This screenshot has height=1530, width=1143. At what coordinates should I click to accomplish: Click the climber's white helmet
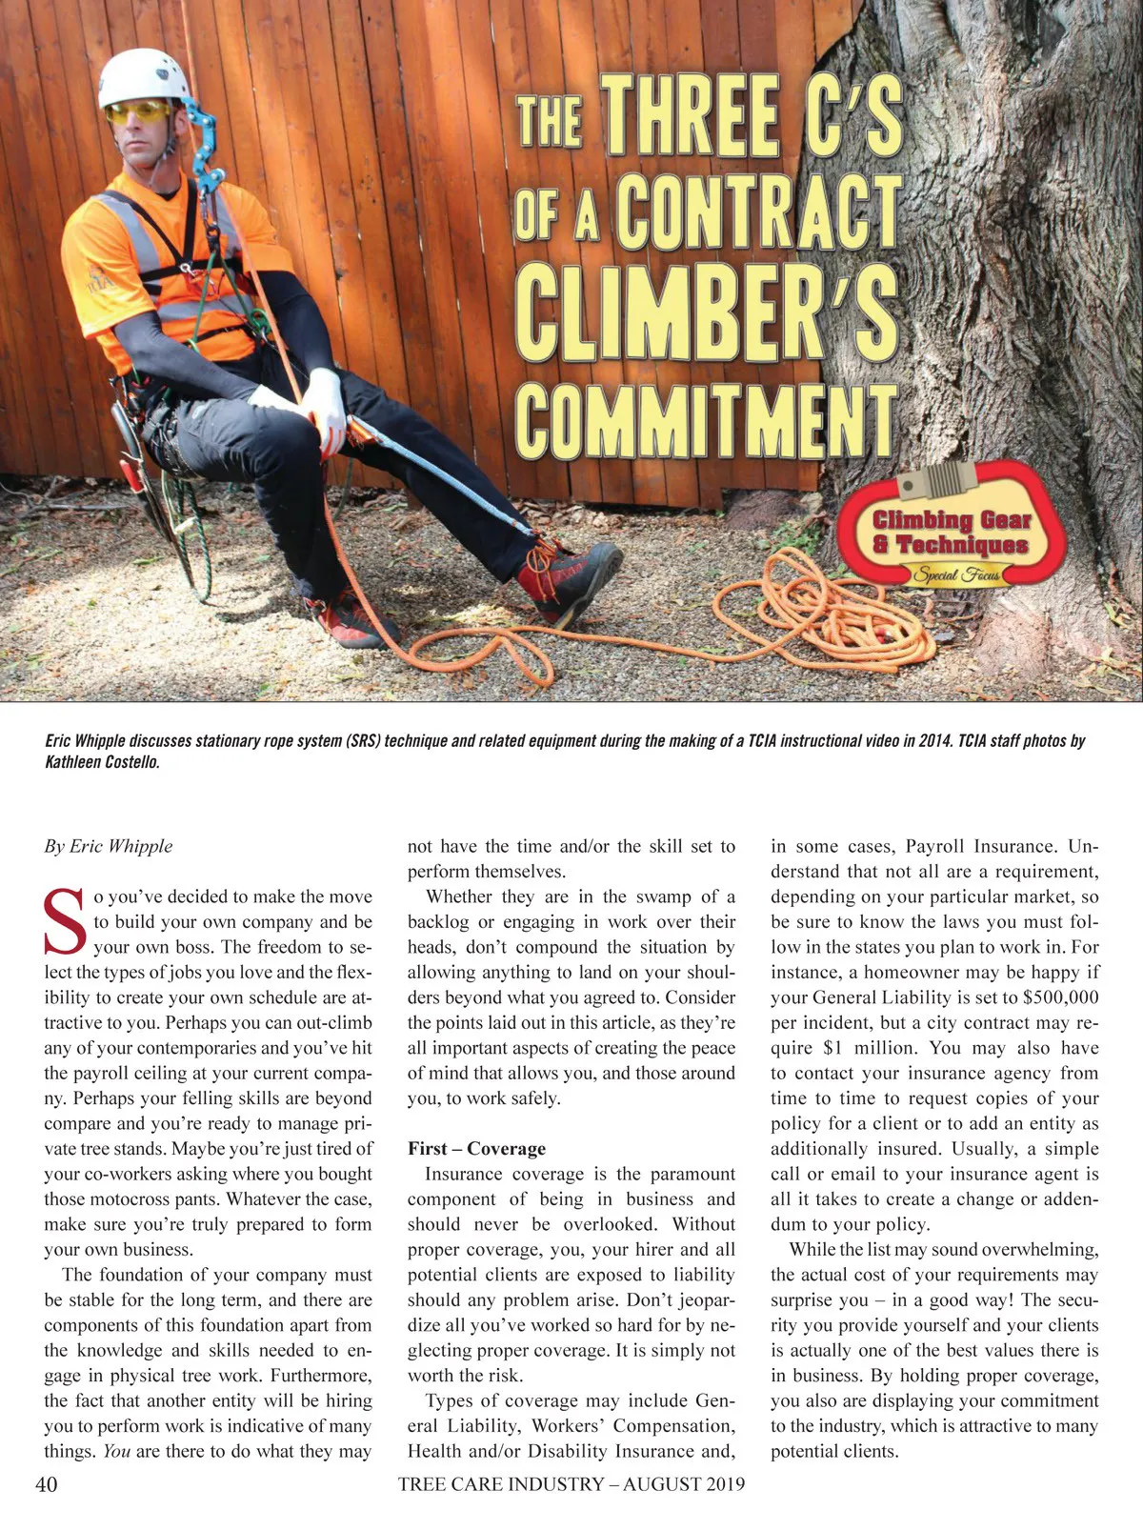143,76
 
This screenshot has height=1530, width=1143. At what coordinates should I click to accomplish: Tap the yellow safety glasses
138,112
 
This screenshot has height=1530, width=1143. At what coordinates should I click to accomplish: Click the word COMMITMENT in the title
706,420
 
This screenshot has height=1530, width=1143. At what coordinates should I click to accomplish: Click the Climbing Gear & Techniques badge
952,533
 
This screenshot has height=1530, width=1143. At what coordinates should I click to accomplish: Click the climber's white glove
325,410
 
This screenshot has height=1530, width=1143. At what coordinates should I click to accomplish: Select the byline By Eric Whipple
109,846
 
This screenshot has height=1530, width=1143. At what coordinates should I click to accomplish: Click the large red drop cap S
66,921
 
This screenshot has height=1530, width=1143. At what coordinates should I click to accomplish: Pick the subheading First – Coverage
476,1148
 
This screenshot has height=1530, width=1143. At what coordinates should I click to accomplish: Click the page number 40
46,1483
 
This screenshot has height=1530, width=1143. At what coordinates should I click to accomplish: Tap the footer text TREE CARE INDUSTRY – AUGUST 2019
571,1483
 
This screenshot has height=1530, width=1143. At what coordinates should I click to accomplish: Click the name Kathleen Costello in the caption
102,762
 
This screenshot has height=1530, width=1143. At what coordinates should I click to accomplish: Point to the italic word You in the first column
116,1451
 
